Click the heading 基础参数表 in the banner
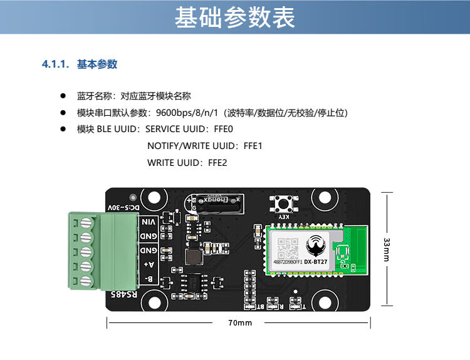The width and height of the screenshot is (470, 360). tap(235, 18)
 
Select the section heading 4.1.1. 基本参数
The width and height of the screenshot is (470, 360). tap(80, 64)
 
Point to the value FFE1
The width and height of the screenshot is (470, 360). tap(253, 146)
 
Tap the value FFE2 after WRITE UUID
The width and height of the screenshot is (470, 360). tap(217, 163)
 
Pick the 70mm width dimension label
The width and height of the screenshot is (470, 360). tap(239, 323)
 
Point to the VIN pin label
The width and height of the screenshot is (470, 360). tap(149, 222)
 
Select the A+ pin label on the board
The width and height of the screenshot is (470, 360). tap(149, 264)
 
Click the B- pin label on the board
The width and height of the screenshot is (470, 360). tap(149, 279)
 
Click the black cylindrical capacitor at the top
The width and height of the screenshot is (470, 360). tap(215, 203)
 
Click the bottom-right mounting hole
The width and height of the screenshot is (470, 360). tap(323, 302)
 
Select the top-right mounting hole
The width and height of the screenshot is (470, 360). tap(323, 198)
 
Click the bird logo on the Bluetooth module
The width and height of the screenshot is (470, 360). tap(315, 242)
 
